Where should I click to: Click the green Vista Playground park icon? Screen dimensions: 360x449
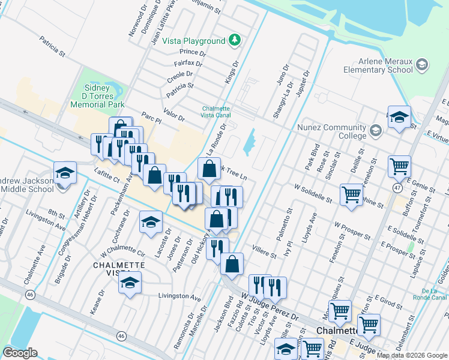click(235, 41)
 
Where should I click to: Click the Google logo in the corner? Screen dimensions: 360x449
click(20, 353)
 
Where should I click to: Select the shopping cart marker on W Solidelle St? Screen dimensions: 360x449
click(351, 193)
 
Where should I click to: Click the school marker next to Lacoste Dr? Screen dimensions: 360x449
click(151, 222)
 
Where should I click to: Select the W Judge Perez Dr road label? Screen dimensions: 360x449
click(270, 306)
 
